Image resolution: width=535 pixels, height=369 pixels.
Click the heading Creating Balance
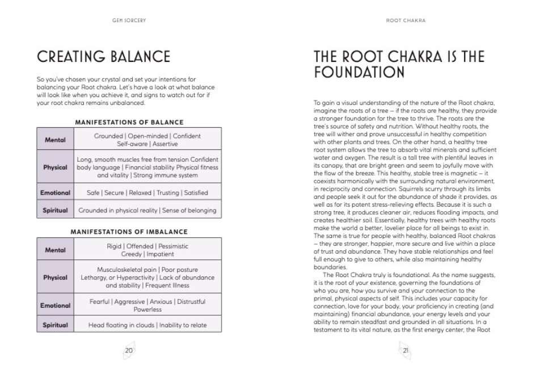[103, 57]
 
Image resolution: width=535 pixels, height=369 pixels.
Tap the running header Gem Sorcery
[129, 20]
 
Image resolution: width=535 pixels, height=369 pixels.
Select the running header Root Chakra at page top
[406, 20]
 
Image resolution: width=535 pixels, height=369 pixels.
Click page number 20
[129, 350]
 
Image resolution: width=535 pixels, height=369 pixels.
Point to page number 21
[406, 350]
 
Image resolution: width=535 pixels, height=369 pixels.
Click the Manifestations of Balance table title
[129, 122]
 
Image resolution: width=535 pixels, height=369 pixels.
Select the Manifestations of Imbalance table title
[129, 232]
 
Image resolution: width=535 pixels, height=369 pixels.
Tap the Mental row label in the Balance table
[55, 140]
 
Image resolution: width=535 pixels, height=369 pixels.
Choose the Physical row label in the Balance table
[55, 167]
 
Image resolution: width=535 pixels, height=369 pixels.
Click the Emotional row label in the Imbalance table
[55, 305]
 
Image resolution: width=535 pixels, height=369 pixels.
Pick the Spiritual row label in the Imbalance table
[55, 325]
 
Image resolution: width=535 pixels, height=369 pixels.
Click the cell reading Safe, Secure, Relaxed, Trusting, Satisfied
[148, 192]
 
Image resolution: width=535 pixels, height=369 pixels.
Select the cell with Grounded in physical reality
[148, 210]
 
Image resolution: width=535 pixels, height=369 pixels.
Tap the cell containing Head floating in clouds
[148, 325]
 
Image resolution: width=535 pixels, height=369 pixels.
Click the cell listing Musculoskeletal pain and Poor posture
[148, 277]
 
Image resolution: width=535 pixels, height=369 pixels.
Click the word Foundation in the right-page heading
[359, 73]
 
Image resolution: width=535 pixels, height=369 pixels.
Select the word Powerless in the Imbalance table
[148, 309]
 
